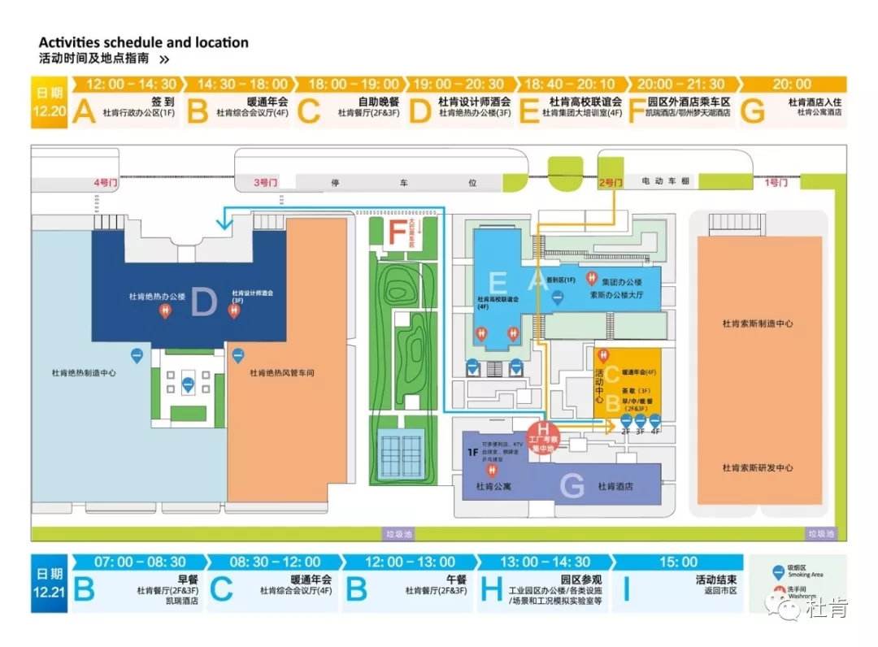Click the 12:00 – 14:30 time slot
pos(131,85)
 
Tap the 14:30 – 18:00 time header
pos(242,85)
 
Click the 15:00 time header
pos(678,562)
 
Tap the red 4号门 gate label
pos(106,183)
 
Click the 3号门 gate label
pos(266,183)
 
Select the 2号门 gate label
pos(611,183)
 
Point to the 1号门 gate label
pos(776,183)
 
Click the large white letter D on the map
pos(203,302)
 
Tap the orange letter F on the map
pos(397,233)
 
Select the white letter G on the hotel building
pos(572,486)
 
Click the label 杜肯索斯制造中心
pos(758,323)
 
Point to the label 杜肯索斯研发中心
pos(758,468)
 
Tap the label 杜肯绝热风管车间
pos(281,373)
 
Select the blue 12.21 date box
pos(49,583)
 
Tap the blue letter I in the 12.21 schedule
pos(626,590)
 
